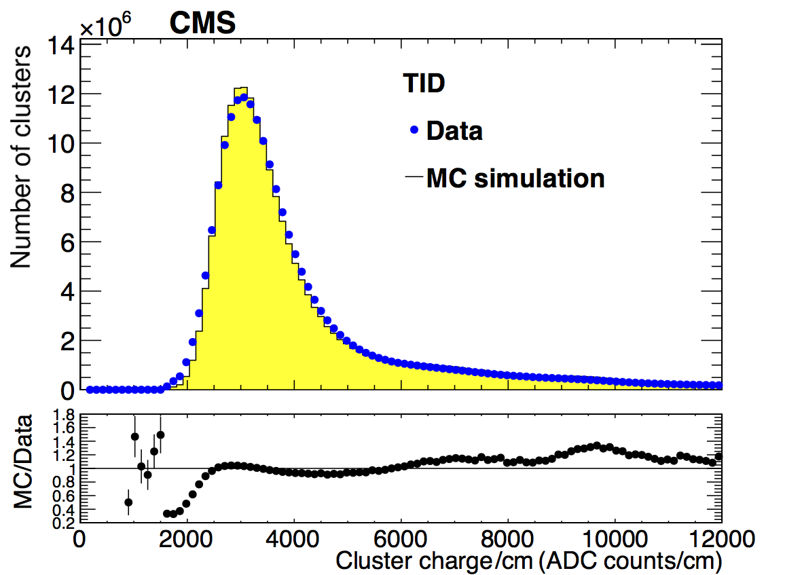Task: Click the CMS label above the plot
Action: point(202,24)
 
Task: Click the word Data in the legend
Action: point(454,130)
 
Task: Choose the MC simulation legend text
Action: point(515,179)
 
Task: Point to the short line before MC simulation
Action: point(414,178)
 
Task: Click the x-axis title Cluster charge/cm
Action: point(528,561)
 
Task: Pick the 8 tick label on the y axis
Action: point(67,193)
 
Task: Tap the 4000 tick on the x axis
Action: point(293,542)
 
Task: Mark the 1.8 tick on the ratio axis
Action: point(64,415)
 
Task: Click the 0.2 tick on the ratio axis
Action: point(64,523)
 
